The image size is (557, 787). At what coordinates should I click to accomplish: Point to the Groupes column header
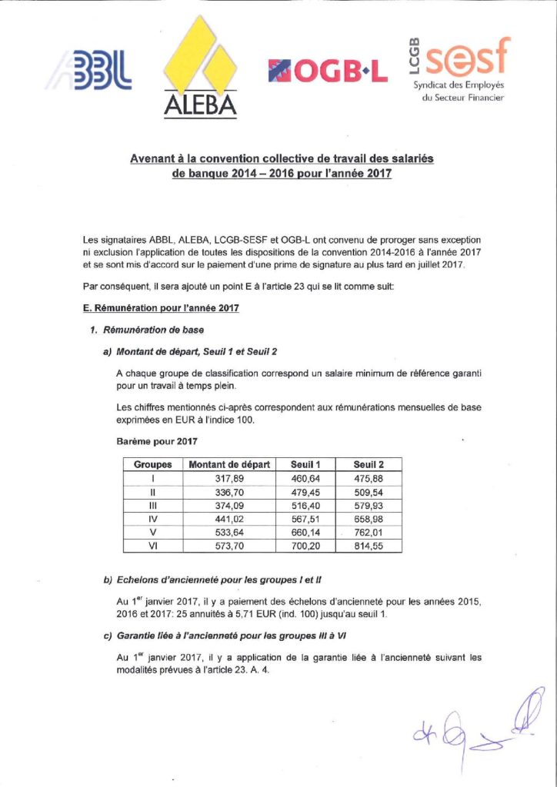(x=153, y=464)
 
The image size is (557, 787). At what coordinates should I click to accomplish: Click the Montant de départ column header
(x=230, y=464)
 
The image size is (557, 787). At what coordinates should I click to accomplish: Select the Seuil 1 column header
(x=305, y=464)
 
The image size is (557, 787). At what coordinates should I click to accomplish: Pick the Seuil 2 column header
(x=369, y=464)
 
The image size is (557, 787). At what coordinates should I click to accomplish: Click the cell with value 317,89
(x=230, y=478)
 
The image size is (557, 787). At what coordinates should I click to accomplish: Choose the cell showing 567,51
(x=305, y=518)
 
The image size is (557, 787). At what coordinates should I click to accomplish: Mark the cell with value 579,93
(x=369, y=505)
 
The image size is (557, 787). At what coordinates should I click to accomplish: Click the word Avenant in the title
(x=155, y=159)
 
